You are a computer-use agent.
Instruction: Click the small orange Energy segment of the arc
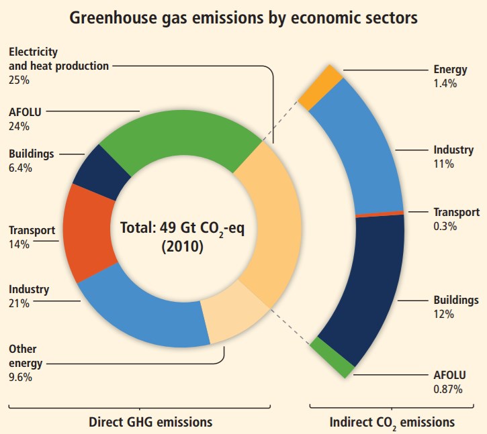pos(320,87)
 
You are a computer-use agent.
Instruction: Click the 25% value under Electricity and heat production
pos(19,79)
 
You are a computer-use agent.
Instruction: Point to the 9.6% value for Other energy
pos(21,377)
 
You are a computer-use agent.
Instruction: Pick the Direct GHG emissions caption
pos(150,422)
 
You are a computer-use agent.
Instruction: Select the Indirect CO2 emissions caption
pos(392,423)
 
